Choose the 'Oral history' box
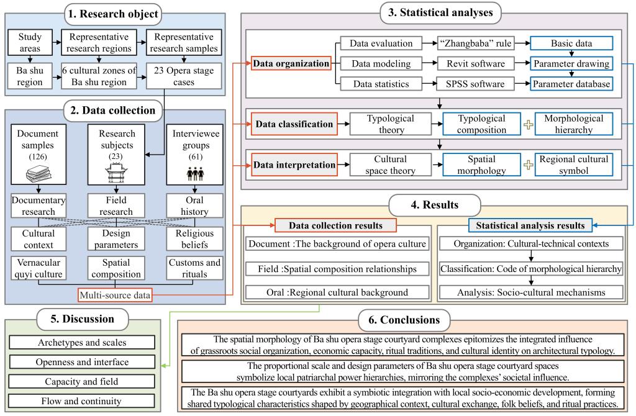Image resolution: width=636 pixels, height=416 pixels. pos(191,206)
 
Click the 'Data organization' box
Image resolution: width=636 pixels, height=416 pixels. pos(289,63)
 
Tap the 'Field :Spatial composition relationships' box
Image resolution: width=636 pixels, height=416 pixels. pos(337,268)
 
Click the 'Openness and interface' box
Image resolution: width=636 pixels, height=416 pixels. pos(83,362)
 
